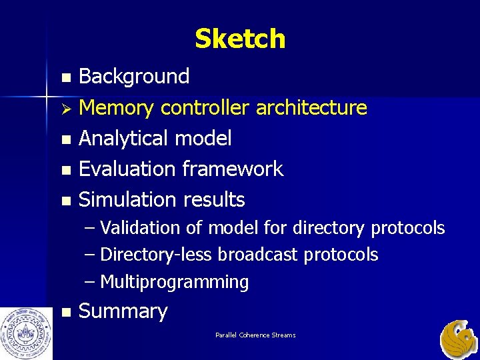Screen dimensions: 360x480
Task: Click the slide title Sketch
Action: [x=240, y=39]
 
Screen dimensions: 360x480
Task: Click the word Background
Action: [x=134, y=77]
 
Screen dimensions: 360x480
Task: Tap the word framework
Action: [x=234, y=169]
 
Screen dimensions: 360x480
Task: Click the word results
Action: [x=214, y=199]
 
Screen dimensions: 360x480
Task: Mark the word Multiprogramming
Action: [x=174, y=282]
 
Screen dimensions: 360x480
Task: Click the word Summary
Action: [x=123, y=311]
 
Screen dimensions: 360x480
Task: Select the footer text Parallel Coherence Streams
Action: [x=255, y=335]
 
